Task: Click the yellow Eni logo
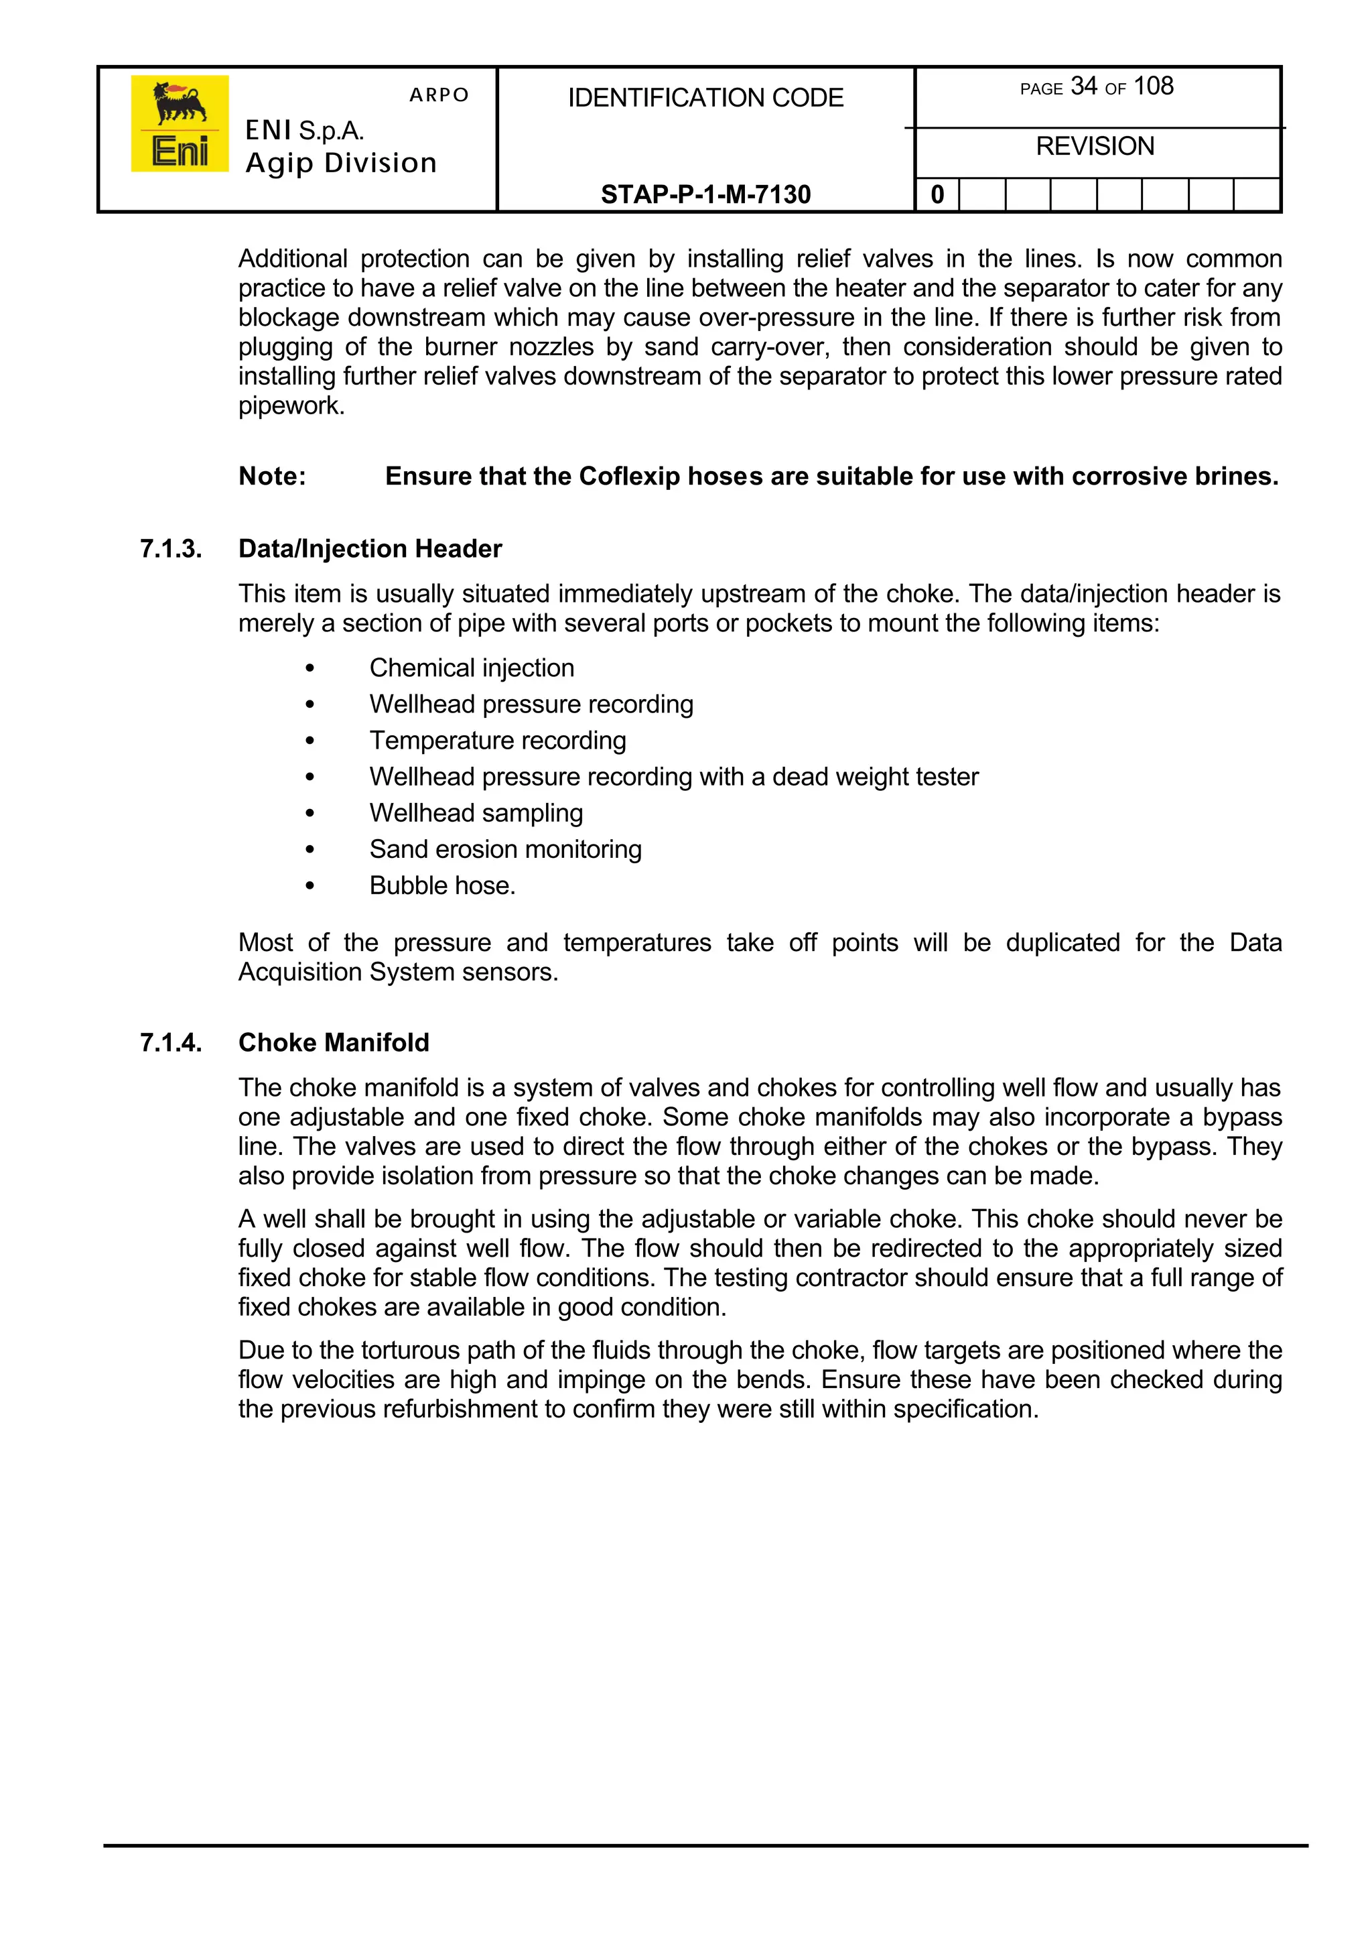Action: pyautogui.click(x=179, y=123)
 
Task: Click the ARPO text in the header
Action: pyautogui.click(x=439, y=95)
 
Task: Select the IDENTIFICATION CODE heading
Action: pyautogui.click(x=705, y=98)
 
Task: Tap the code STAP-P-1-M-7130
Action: pyautogui.click(x=705, y=194)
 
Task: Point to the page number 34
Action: pyautogui.click(x=1083, y=86)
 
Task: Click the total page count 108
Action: pyautogui.click(x=1153, y=86)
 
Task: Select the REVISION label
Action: pyautogui.click(x=1095, y=146)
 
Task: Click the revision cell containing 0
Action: pyautogui.click(x=937, y=195)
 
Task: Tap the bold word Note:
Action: pyautogui.click(x=272, y=476)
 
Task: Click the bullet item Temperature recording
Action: pyautogui.click(x=498, y=741)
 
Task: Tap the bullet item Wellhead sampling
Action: pyautogui.click(x=476, y=812)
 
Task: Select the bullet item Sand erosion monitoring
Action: pyautogui.click(x=505, y=849)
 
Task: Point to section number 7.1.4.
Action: pyautogui.click(x=171, y=1042)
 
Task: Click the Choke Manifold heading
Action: pyautogui.click(x=334, y=1042)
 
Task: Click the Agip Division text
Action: pyautogui.click(x=341, y=163)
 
